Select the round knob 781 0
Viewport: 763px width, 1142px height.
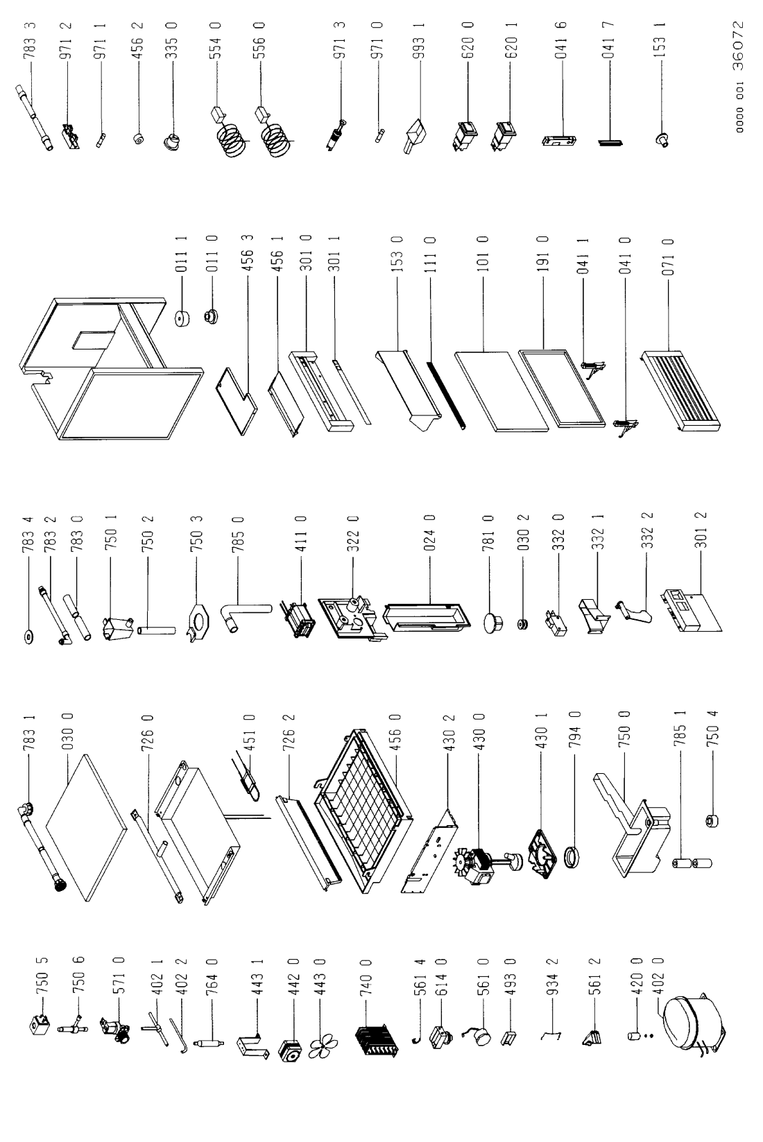point(492,623)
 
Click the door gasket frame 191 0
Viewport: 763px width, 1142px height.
point(562,388)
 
